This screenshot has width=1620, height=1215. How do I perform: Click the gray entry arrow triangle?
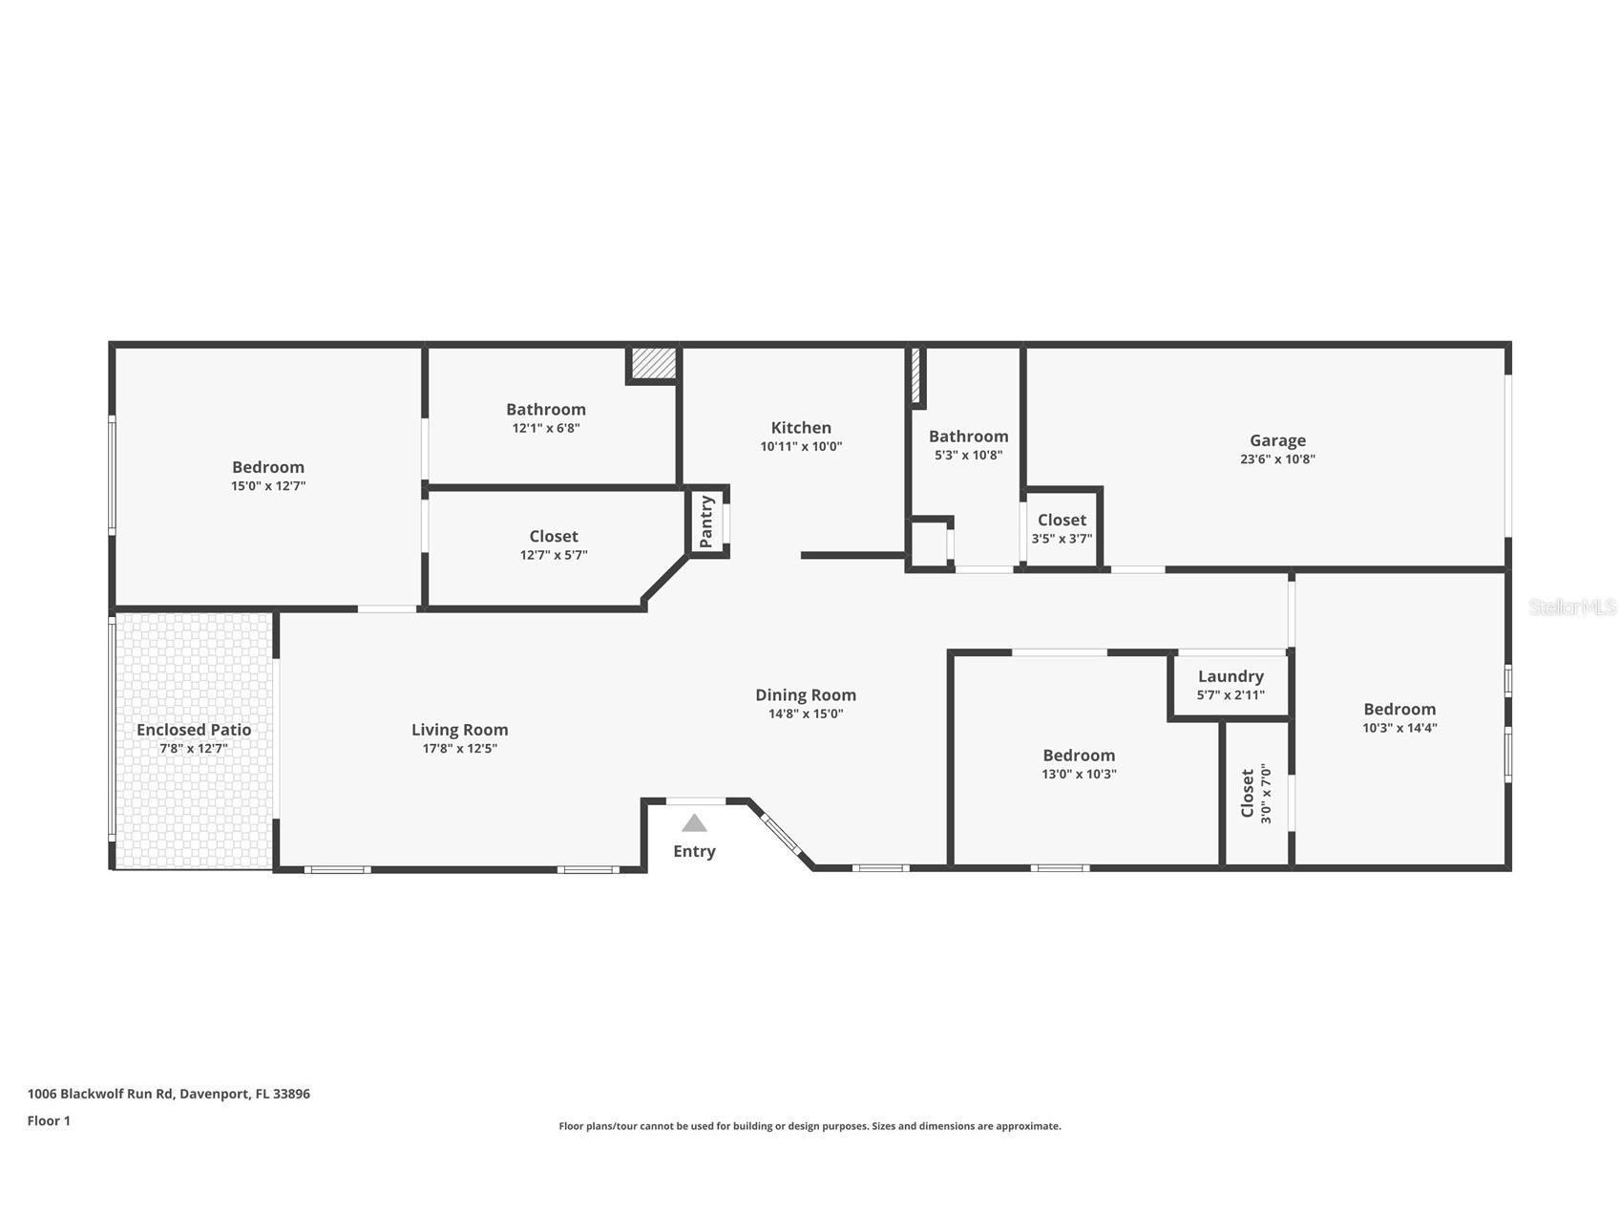[694, 822]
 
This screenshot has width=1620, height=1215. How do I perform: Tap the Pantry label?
[706, 522]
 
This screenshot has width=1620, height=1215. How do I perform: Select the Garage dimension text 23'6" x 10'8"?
[1277, 458]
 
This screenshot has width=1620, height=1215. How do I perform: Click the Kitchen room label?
[801, 428]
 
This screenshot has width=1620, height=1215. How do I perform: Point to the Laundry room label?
[1231, 676]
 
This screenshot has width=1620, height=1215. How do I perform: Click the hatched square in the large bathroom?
[653, 363]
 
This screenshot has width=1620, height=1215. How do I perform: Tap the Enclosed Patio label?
[194, 730]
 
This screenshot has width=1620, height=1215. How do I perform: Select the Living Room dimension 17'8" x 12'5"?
[459, 748]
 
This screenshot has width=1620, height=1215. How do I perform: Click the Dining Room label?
[806, 695]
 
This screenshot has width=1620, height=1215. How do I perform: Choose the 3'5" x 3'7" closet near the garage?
[1062, 528]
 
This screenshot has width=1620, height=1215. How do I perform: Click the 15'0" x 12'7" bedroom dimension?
[268, 485]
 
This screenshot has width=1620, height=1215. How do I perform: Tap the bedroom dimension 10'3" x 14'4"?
[1399, 727]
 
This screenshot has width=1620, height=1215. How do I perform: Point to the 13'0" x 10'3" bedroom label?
[1079, 756]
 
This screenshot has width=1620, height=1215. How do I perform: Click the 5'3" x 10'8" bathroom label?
[968, 437]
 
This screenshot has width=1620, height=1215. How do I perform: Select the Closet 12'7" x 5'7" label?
[554, 537]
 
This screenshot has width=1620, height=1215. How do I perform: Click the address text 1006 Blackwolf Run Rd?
[100, 1094]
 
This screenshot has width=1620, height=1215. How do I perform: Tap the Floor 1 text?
[49, 1120]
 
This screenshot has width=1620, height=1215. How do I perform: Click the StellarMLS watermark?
[1571, 607]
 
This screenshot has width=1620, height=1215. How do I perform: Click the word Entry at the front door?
[694, 851]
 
